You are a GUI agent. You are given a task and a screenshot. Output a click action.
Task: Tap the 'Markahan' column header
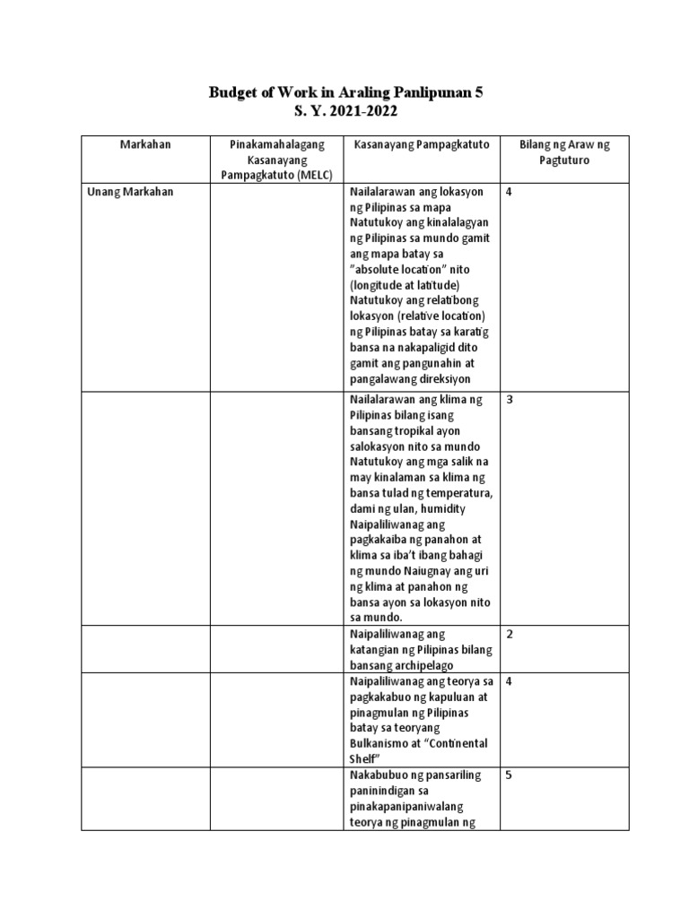[x=145, y=144]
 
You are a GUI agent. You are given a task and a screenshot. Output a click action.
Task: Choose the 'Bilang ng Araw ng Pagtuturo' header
[x=564, y=152]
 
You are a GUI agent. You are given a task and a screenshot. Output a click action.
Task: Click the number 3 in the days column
[x=510, y=400]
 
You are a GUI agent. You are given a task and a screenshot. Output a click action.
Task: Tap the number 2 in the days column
[x=510, y=635]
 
